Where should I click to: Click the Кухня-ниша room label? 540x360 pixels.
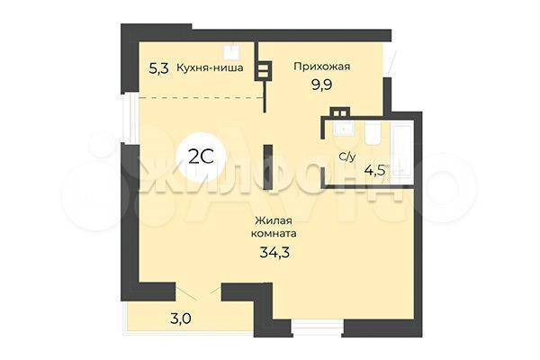[210, 67]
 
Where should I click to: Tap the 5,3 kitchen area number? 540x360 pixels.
[158, 68]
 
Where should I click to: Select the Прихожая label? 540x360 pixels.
[321, 66]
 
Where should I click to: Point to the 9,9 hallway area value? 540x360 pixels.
[321, 85]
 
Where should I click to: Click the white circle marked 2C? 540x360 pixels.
[201, 157]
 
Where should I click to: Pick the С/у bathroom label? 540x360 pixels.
[347, 157]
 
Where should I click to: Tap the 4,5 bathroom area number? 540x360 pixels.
[374, 170]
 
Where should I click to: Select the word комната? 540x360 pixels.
[274, 234]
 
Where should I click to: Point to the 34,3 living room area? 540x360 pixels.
[274, 253]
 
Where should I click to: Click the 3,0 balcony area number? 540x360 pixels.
[181, 319]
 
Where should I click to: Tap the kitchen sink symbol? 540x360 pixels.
[232, 52]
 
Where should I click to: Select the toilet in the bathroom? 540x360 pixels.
[373, 134]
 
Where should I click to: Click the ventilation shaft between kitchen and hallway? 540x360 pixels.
[263, 70]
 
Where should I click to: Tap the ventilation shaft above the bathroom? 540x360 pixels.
[339, 112]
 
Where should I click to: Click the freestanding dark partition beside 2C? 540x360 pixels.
[268, 167]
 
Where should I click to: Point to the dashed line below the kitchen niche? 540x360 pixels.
[202, 98]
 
